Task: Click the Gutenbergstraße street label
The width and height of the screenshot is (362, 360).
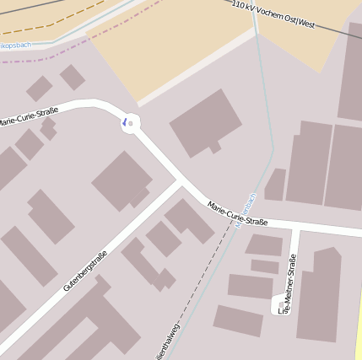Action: [85, 271]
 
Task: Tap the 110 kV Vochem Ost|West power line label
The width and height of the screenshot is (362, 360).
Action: [273, 14]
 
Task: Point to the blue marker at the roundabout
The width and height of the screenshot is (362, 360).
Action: [125, 122]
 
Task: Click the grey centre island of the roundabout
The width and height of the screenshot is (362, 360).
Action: [131, 122]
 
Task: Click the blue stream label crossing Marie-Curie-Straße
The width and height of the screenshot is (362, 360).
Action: [246, 214]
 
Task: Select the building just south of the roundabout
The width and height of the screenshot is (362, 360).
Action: [122, 180]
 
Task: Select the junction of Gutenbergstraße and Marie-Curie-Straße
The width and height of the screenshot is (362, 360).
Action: [181, 181]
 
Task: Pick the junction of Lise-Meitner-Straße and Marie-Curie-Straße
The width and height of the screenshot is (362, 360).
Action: [295, 229]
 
